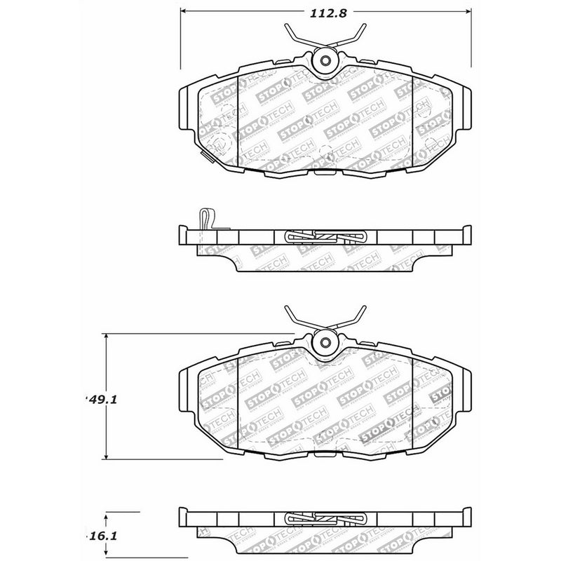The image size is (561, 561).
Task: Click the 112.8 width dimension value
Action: click(325, 12)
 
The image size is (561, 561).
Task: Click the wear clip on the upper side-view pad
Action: click(205, 219)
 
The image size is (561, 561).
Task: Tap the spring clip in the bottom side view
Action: click(326, 520)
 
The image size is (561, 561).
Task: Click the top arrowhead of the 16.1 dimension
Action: click(106, 515)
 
